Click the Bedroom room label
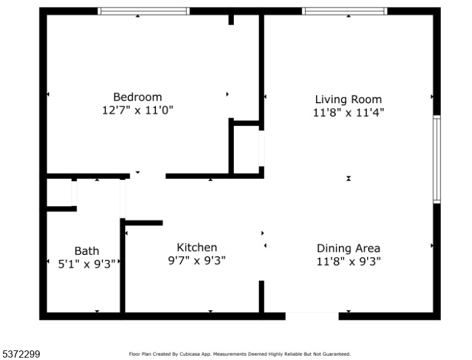coord(137,97)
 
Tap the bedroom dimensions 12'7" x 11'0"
coord(137,110)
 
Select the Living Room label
coord(348,99)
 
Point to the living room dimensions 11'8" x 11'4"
coord(348,112)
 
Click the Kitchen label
coord(197,247)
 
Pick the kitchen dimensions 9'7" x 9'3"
coord(197,260)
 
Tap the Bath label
coord(87,251)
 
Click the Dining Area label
coord(348,248)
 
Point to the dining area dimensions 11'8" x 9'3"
coord(348,261)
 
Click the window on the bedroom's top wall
coord(143,11)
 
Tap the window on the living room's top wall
coord(344,11)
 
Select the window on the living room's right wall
coord(437,159)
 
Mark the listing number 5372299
coord(20,355)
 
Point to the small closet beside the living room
coord(246,148)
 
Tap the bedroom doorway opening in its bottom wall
coord(148,176)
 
